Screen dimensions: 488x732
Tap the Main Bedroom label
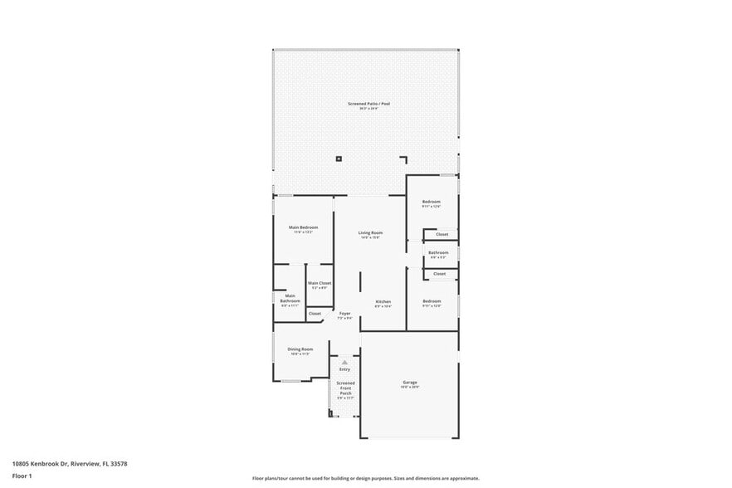pos(303,227)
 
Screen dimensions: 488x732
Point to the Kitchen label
pos(383,301)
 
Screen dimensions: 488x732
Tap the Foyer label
pos(344,314)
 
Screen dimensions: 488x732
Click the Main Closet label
pos(320,284)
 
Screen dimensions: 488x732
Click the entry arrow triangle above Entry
pos(344,362)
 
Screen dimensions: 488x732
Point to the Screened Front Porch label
pos(345,388)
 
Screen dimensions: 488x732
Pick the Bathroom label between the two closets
pos(438,252)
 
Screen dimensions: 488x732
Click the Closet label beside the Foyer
pos(315,314)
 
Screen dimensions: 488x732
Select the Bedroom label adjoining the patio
pos(431,203)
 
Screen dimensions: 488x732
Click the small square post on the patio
pos(339,159)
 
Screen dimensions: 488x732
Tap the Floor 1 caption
pos(22,476)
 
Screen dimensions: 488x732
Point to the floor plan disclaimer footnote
pos(365,479)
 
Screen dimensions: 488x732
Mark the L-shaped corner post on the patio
pos(404,159)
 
